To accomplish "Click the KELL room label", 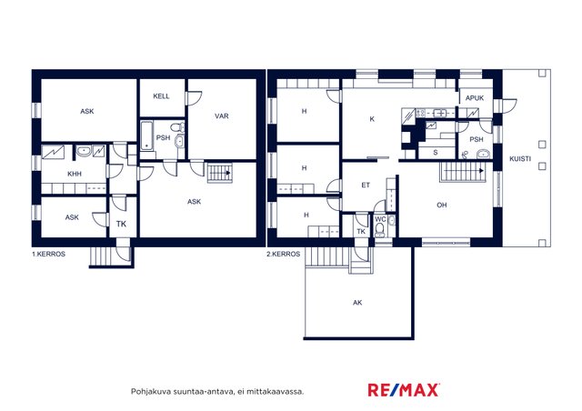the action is (x=161, y=96).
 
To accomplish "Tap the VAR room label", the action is (x=222, y=115).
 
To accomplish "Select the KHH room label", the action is (x=75, y=174).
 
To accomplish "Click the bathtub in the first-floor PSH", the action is (x=147, y=135).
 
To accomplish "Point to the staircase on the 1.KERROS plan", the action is (x=219, y=173).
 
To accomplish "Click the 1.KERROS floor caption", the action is (x=48, y=255).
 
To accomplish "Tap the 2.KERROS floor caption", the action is (x=283, y=255).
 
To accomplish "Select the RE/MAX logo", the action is (x=404, y=390).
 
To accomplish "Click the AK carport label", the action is (x=357, y=303).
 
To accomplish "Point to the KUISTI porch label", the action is (x=520, y=159).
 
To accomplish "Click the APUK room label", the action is (x=475, y=98).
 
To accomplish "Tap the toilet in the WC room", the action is (x=380, y=232).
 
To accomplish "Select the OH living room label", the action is (x=441, y=205).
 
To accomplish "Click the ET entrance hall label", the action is (x=366, y=185).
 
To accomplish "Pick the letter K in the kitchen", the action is (x=372, y=119).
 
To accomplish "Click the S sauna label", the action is (x=436, y=152).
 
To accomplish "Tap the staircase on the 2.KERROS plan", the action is (x=463, y=172).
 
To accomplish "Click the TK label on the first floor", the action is (x=121, y=224).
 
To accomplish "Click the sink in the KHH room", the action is (x=85, y=151).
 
